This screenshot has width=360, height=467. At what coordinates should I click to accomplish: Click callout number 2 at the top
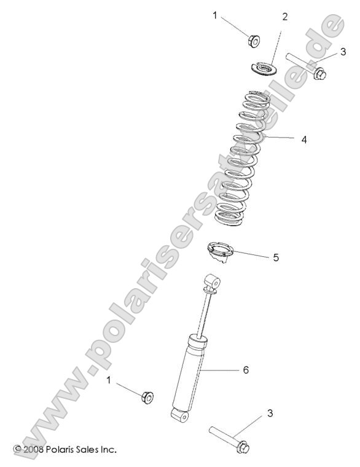click(284, 16)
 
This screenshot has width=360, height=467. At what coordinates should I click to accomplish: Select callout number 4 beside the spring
click(304, 139)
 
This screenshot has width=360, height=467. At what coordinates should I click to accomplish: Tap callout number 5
click(293, 257)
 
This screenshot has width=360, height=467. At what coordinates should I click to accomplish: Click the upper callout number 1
click(215, 15)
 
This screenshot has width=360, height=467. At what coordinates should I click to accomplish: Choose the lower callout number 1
click(109, 381)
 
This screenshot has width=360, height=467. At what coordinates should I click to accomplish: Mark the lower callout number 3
click(270, 414)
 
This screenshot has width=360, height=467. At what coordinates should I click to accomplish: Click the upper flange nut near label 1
click(252, 41)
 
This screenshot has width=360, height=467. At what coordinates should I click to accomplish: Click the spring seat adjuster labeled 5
click(229, 252)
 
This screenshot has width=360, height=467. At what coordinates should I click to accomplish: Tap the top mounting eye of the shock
click(213, 282)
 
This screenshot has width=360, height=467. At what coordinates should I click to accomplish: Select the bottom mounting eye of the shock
click(180, 417)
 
